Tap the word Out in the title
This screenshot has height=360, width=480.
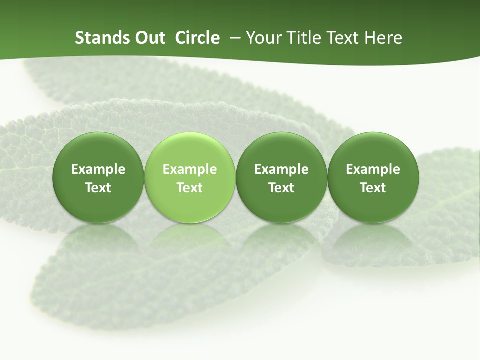149,38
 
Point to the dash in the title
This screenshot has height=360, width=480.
233,38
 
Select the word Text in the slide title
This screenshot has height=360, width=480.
342,38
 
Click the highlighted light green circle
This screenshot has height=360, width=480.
189,178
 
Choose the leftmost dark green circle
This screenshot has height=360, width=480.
98,178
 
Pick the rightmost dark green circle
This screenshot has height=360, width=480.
373,178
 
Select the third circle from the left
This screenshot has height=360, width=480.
281,178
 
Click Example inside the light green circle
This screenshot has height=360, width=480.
190,169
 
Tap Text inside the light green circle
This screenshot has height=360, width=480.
190,188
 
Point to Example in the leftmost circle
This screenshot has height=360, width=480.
98,169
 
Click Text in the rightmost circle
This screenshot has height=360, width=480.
373,188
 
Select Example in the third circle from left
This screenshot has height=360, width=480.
281,169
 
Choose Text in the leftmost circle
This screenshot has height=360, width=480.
98,188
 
